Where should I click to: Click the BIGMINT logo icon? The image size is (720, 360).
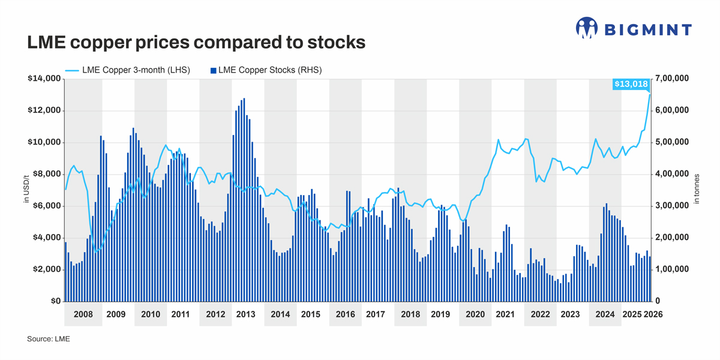click(x=587, y=28)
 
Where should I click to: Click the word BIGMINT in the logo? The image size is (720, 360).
click(x=647, y=29)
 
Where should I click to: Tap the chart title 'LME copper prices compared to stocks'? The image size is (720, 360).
click(x=196, y=43)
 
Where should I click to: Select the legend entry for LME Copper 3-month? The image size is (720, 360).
click(x=127, y=70)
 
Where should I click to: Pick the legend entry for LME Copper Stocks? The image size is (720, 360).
click(x=266, y=70)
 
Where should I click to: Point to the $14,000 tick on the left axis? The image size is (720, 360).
click(x=43, y=79)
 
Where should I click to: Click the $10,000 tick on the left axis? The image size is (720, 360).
click(x=43, y=142)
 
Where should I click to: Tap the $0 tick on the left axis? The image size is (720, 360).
click(x=53, y=301)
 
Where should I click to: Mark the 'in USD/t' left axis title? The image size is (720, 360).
click(x=26, y=190)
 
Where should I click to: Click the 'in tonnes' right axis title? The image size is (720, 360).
click(x=697, y=190)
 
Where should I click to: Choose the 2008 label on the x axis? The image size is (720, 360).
click(x=83, y=314)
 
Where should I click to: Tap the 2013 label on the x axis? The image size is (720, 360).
click(x=245, y=314)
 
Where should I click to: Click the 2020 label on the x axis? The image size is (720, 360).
click(x=475, y=314)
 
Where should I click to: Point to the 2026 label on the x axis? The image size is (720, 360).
click(x=653, y=314)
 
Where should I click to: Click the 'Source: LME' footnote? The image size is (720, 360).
click(x=49, y=339)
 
